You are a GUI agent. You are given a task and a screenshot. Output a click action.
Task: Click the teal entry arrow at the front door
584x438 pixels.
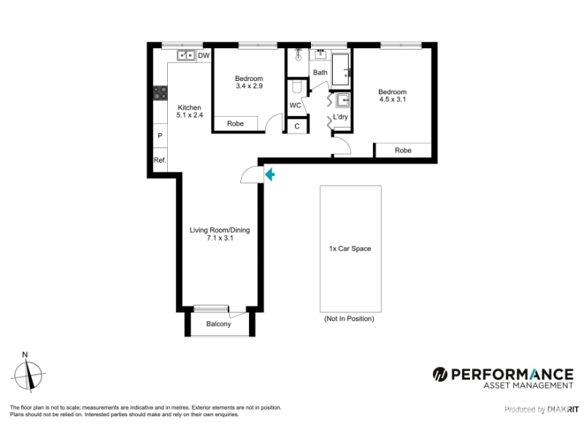(x=270, y=174)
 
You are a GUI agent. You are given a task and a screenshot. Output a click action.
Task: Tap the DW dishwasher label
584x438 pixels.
(x=204, y=56)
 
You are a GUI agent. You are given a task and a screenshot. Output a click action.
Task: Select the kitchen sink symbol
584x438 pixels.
(x=186, y=55)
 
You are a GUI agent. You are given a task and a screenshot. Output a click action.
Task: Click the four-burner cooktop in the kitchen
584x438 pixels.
(x=161, y=93)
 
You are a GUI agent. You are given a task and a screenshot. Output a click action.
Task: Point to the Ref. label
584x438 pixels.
(x=160, y=160)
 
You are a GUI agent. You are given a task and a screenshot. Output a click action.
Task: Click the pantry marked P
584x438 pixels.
(x=160, y=136)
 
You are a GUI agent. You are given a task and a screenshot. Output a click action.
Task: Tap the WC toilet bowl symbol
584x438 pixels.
(x=297, y=87)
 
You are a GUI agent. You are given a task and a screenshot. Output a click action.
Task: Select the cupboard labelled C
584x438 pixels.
(x=297, y=126)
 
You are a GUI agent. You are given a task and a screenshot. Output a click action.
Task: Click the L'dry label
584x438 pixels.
(x=340, y=117)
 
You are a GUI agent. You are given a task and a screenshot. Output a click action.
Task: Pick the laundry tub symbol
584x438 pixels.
(x=342, y=100)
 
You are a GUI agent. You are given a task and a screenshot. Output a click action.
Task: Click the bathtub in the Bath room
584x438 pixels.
(x=340, y=69)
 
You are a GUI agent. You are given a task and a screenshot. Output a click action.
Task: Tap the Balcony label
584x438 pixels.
(x=218, y=324)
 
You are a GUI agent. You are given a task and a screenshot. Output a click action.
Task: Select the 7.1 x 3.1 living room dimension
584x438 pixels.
(x=220, y=238)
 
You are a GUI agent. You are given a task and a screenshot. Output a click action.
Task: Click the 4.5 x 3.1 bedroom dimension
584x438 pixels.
(x=393, y=99)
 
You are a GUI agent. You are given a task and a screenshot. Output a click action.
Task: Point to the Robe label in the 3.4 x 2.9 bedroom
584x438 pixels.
(x=235, y=123)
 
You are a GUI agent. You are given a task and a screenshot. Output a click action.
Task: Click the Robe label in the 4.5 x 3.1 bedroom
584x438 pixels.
(x=403, y=150)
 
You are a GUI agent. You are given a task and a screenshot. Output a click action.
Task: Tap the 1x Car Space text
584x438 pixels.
(x=350, y=249)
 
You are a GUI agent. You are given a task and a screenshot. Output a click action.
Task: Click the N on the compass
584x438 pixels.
(x=25, y=355)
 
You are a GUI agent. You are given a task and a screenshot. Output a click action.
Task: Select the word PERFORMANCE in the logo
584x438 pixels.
(x=512, y=374)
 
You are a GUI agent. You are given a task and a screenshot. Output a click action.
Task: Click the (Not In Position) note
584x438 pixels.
(x=350, y=319)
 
